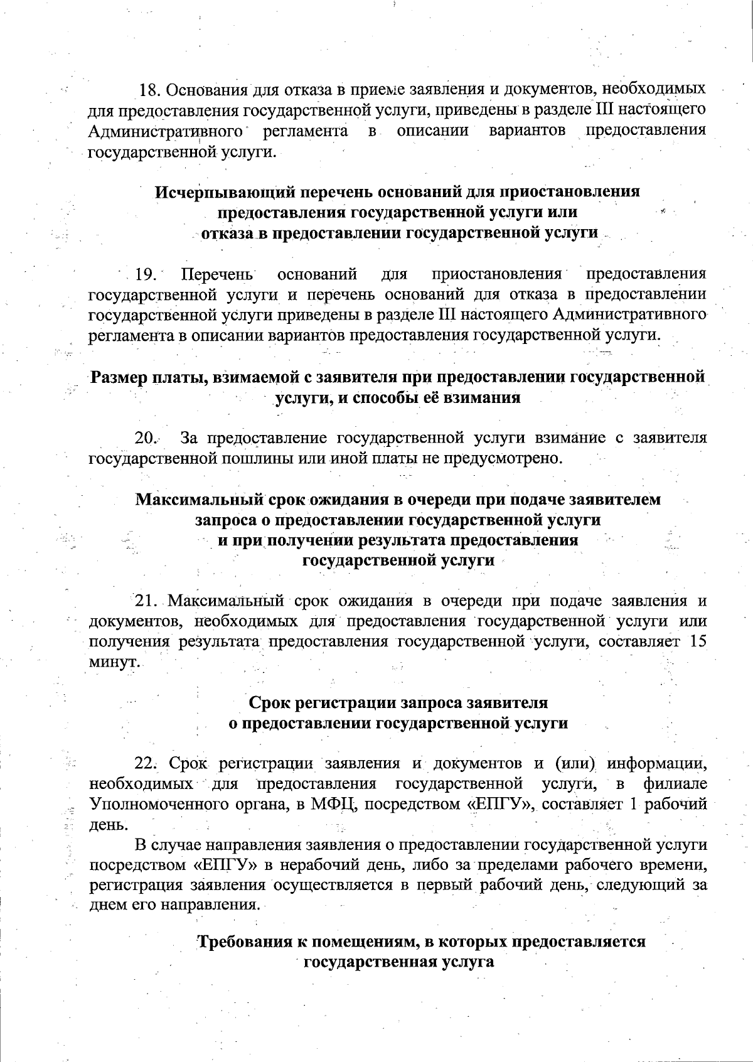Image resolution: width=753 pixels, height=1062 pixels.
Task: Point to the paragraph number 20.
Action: click(146, 437)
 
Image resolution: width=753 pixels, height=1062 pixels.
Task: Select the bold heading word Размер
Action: click(119, 377)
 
